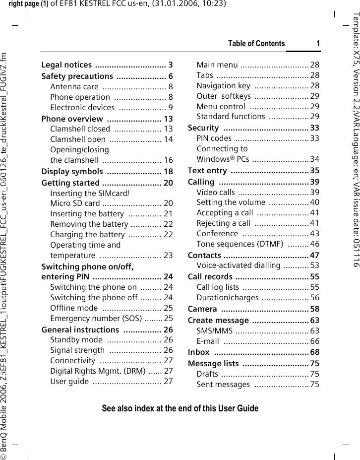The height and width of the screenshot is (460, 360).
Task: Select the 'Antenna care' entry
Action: pyautogui.click(x=74, y=87)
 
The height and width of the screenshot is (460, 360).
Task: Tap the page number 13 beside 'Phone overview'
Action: pyautogui.click(x=168, y=119)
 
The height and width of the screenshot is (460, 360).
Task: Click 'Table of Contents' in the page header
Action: pyautogui.click(x=256, y=44)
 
